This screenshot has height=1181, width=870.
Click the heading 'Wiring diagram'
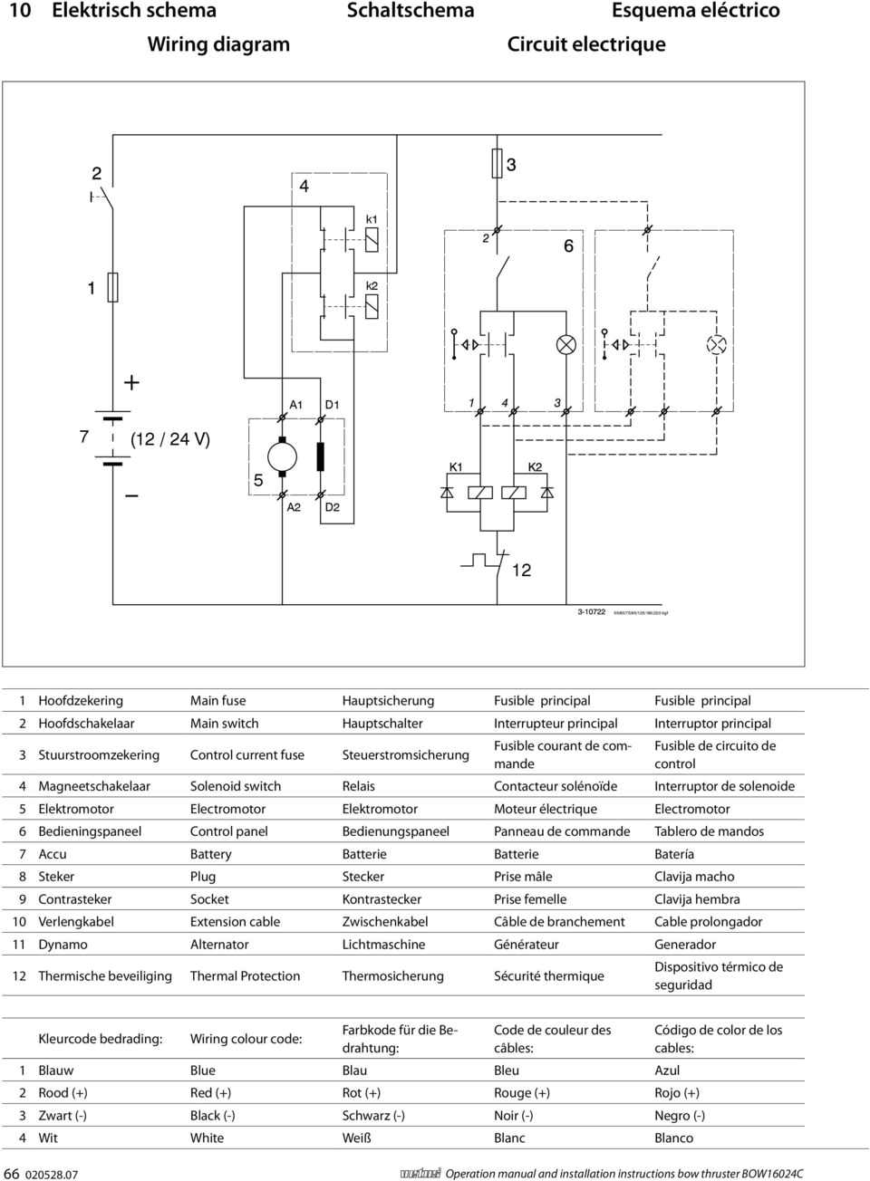pos(218,44)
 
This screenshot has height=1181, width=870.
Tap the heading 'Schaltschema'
pos(411,11)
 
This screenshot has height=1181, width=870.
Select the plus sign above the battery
pos(132,382)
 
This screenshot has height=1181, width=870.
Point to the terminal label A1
pos(296,404)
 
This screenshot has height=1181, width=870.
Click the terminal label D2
pos(332,507)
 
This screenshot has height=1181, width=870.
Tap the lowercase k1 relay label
pos(372,219)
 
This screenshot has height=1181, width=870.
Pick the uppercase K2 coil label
pos(535,466)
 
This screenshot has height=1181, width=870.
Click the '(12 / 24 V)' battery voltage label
pos(170,439)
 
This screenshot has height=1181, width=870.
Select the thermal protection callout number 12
pos(521,570)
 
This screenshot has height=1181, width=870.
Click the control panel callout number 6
pos(568,246)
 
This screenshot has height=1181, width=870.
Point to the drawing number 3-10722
pos(592,612)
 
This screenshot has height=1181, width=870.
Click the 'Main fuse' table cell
pos(217,701)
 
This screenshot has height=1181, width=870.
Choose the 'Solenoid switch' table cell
pos(236,786)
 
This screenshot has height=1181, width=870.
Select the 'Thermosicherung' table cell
pos(392,975)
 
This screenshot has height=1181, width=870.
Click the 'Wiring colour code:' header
pos(246,1039)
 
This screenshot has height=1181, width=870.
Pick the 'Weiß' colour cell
pos(356,1138)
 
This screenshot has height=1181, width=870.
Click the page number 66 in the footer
pos(12,1173)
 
